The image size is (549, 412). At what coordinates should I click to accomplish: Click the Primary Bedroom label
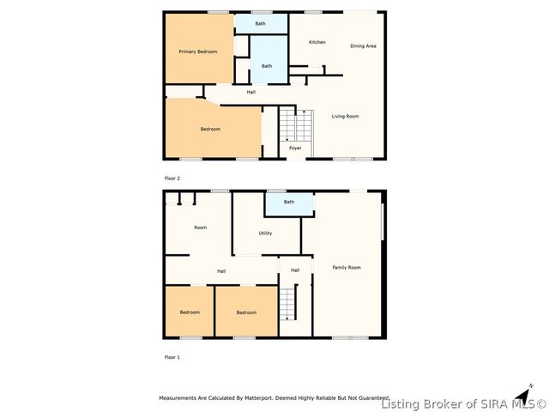(x=197, y=51)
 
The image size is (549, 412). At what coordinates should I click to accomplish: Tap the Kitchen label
(x=317, y=42)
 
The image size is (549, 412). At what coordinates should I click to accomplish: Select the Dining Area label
(x=364, y=45)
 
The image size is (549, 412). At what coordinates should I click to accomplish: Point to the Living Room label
(x=345, y=116)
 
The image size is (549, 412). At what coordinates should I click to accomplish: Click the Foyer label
(x=295, y=148)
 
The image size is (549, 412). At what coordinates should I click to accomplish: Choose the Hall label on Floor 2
(x=251, y=92)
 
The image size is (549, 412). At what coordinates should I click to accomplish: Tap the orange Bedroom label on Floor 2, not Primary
(x=210, y=129)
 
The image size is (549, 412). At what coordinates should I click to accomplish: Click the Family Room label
(x=347, y=267)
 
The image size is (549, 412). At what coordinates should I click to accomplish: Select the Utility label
(x=266, y=233)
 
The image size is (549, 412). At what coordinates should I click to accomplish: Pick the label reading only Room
(x=201, y=227)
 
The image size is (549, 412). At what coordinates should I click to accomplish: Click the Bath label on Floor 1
(x=289, y=202)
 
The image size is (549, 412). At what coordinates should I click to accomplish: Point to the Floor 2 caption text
(x=172, y=178)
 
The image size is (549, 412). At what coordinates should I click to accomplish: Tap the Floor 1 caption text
(x=172, y=355)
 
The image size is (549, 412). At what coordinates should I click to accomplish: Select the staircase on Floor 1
(x=289, y=304)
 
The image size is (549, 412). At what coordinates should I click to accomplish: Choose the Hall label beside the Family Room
(x=295, y=270)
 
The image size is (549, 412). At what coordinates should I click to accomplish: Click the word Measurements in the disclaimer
(x=179, y=398)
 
